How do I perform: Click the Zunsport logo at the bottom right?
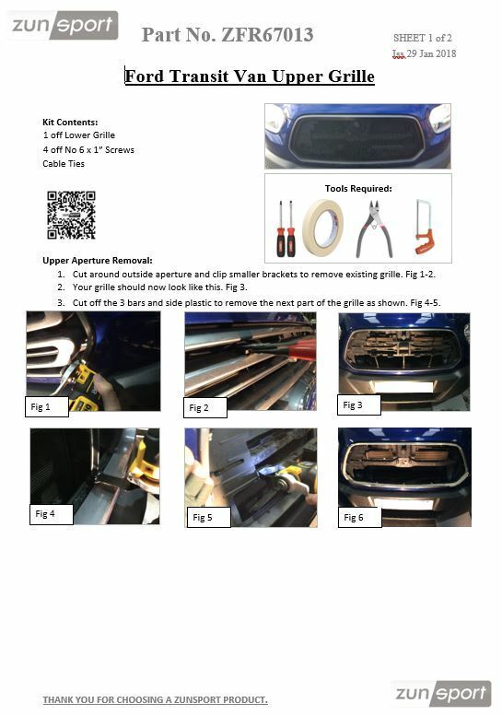tap(441, 693)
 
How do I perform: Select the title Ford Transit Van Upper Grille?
tap(250, 76)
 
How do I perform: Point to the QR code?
tap(71, 214)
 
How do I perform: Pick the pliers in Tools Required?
tap(377, 228)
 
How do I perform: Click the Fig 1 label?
tap(41, 406)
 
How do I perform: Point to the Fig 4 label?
tap(45, 514)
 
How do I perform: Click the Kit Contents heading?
tap(70, 122)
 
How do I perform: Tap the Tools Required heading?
tap(358, 188)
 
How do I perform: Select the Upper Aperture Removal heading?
tap(98, 261)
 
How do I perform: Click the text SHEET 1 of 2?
tap(423, 38)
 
